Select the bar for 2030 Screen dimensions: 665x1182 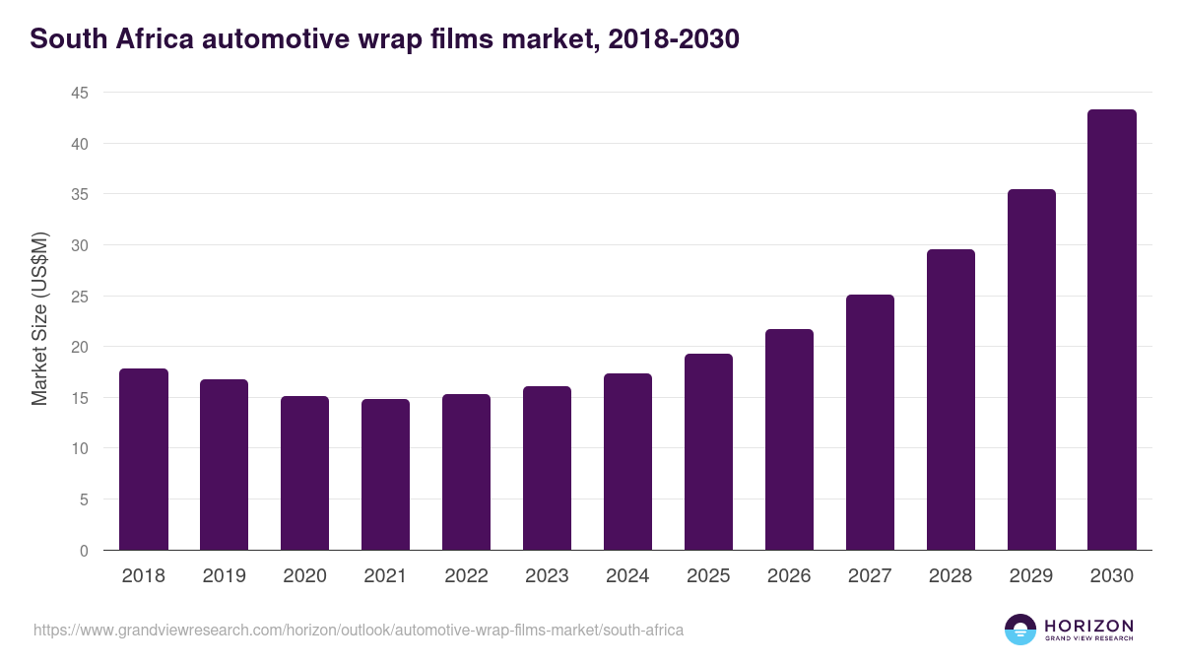pyautogui.click(x=1111, y=330)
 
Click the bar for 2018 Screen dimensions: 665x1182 pyautogui.click(x=144, y=459)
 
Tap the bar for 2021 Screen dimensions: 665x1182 pyautogui.click(x=385, y=475)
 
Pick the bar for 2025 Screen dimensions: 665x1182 pyautogui.click(x=708, y=452)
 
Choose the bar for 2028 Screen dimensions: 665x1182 pyautogui.click(x=951, y=400)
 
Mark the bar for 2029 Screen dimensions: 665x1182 pyautogui.click(x=1031, y=369)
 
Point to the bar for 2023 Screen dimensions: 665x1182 pyautogui.click(x=547, y=468)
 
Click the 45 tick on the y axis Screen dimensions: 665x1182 pyautogui.click(x=79, y=94)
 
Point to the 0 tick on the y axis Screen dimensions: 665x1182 pyautogui.click(x=84, y=551)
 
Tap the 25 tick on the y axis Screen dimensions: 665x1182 pyautogui.click(x=79, y=297)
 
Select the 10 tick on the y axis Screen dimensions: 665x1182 pyautogui.click(x=79, y=449)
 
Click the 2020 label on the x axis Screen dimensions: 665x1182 pyautogui.click(x=304, y=576)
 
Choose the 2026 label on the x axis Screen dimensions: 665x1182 pyautogui.click(x=789, y=576)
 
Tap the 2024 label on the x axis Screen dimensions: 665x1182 pyautogui.click(x=627, y=576)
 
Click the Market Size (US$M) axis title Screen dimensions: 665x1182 pyautogui.click(x=39, y=319)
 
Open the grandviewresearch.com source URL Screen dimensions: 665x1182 pyautogui.click(x=358, y=630)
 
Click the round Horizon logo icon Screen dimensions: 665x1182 pyautogui.click(x=1020, y=630)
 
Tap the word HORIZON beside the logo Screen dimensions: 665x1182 pyautogui.click(x=1088, y=626)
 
